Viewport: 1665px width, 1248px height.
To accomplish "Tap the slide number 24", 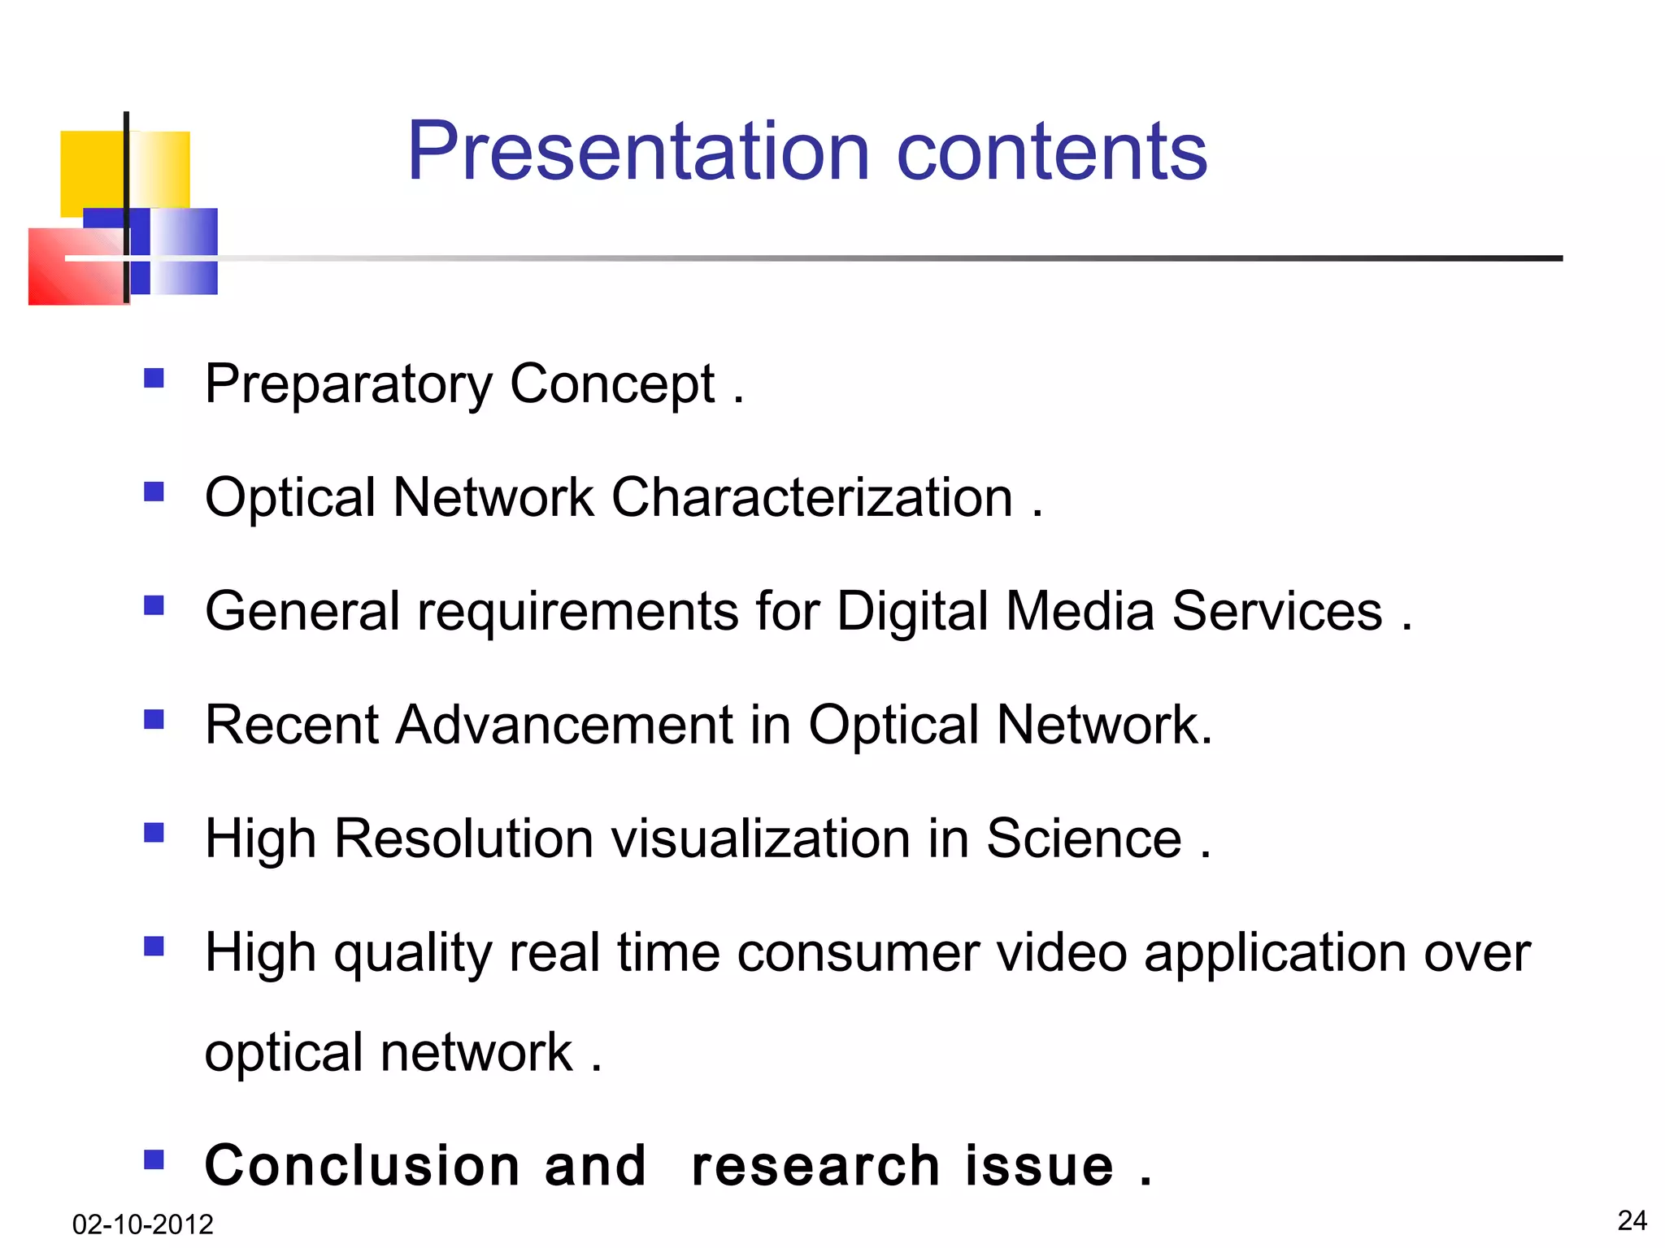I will coord(1632,1220).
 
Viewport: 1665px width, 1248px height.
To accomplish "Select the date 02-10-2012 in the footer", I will coord(142,1224).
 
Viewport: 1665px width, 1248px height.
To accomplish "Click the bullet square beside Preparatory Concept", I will coord(154,378).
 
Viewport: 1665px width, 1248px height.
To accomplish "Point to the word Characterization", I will coord(811,497).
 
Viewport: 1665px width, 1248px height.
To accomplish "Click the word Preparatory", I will coord(348,385).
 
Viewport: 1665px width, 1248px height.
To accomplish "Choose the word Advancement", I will coord(564,725).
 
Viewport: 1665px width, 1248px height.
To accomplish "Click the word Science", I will coord(1084,838).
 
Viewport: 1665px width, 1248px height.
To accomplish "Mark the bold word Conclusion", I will coord(362,1165).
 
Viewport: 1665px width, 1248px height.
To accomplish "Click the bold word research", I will coord(815,1166).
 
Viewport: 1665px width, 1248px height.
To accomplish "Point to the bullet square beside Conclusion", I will coord(154,1159).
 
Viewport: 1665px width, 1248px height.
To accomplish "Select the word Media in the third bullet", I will coord(1080,611).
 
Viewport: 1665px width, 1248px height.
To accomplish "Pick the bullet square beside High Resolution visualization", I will coord(154,833).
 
